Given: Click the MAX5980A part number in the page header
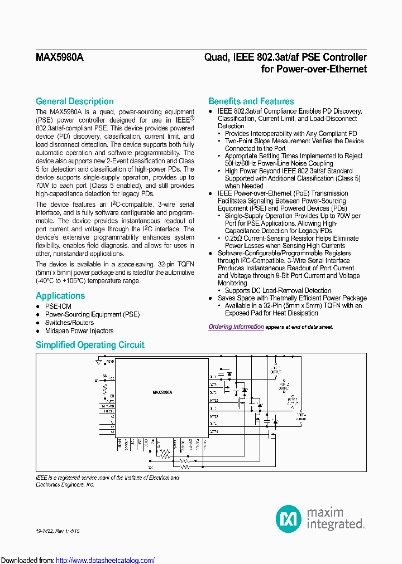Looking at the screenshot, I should point(60,57).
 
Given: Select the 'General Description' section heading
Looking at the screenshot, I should point(75,101).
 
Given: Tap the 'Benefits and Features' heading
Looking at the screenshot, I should point(251,101).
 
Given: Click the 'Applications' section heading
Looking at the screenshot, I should point(60,296).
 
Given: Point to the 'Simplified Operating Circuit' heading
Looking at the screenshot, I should point(90,345).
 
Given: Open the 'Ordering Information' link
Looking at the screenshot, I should point(236,327).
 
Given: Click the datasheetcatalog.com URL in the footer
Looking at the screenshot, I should point(106,560).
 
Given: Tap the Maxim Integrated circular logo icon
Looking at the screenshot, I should point(289,519).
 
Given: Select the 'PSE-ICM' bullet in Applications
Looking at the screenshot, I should point(58,307).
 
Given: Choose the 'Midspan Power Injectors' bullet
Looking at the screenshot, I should point(79,331).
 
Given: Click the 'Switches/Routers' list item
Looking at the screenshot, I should point(69,323).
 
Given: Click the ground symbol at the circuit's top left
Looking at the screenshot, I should point(99,362).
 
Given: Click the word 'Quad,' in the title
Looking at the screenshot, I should point(215,57).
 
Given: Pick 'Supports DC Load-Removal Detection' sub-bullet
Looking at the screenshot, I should point(277,291).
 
